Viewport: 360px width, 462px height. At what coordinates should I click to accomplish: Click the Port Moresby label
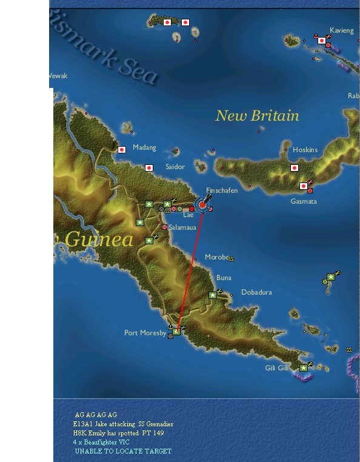tap(144, 333)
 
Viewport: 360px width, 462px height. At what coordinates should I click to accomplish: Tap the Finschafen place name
tap(222, 190)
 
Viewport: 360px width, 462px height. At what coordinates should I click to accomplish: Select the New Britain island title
tap(257, 115)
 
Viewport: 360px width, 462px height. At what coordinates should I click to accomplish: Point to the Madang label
tap(144, 147)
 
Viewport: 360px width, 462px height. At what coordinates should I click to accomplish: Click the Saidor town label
tap(175, 166)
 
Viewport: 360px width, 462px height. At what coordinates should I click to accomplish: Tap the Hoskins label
tap(305, 150)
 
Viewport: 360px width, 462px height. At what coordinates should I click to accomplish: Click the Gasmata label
tap(304, 201)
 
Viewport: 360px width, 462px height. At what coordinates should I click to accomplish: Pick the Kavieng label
tap(342, 30)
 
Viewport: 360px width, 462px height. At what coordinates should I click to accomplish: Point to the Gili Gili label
tap(277, 368)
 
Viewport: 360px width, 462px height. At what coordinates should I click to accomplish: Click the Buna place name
tap(224, 278)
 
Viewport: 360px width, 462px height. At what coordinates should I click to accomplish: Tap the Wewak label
tap(58, 76)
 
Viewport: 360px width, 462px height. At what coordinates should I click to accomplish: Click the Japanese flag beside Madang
tap(122, 149)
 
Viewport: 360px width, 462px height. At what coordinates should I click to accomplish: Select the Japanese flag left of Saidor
tap(149, 167)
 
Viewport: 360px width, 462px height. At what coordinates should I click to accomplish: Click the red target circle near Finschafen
tap(202, 205)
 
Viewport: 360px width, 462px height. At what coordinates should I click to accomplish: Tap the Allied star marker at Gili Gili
tap(303, 367)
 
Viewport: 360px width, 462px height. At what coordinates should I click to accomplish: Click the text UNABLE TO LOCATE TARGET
tap(123, 451)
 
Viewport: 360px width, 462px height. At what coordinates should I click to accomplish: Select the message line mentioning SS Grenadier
tap(123, 424)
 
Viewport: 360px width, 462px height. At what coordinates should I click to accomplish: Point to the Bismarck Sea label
tap(106, 55)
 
